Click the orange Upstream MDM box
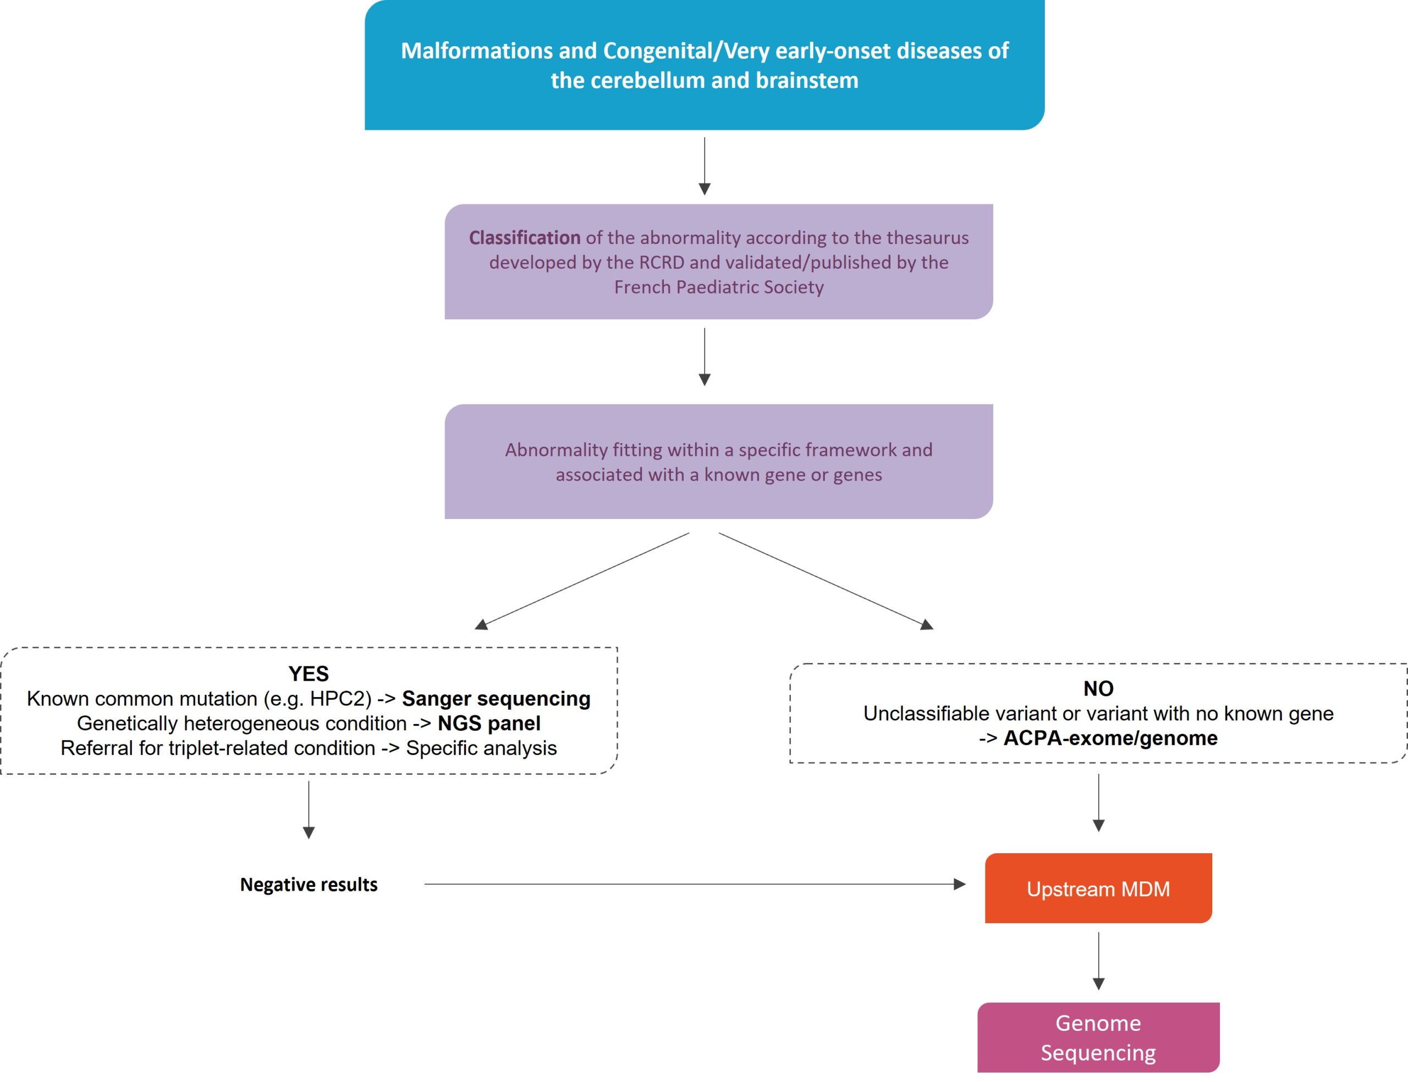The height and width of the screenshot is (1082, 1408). pos(1098,888)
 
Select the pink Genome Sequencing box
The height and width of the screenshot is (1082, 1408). pos(1098,1037)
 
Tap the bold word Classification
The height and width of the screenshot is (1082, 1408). pos(524,238)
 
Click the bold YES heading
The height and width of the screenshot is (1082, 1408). pos(309,674)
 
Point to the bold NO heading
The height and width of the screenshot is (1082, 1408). pos(1098,688)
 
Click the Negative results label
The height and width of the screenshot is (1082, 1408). pos(309,884)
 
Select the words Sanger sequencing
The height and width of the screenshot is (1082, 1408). pos(496,699)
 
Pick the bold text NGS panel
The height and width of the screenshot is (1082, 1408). pos(489,724)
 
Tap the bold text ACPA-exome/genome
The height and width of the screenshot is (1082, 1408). pos(1110,738)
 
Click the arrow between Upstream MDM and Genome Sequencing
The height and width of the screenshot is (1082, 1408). pos(1099,961)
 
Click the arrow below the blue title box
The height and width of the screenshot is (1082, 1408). pos(705,166)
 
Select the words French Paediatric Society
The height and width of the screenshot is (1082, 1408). pos(719,287)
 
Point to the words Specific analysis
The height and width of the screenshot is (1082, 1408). pos(481,748)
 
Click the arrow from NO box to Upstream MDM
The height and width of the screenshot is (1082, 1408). pos(1099,803)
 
